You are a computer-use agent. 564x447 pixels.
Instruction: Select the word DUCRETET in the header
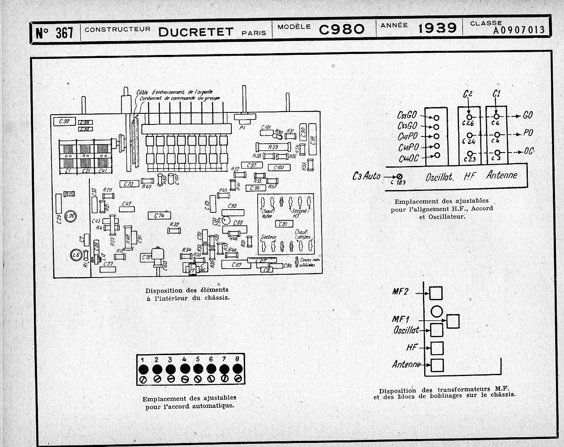(196, 31)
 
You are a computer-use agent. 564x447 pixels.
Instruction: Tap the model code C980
(342, 29)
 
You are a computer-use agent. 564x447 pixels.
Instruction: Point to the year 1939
(437, 28)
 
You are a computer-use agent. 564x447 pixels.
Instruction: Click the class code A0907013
(519, 30)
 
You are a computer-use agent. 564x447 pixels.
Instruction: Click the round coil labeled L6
(76, 254)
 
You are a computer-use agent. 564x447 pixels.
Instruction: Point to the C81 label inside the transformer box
(283, 224)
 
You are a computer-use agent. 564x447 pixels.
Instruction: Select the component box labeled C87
(238, 265)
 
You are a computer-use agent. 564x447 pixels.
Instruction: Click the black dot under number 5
(197, 369)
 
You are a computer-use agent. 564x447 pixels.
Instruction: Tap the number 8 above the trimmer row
(237, 358)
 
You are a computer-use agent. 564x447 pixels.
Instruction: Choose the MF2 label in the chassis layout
(401, 292)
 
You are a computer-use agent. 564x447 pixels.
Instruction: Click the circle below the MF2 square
(436, 311)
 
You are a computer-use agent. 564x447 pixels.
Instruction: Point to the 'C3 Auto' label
(366, 176)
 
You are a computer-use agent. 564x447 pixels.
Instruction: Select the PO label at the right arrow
(528, 133)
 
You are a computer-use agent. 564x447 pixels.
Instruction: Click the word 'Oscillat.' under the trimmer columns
(439, 177)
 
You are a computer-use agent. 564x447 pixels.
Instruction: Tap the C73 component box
(129, 184)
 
